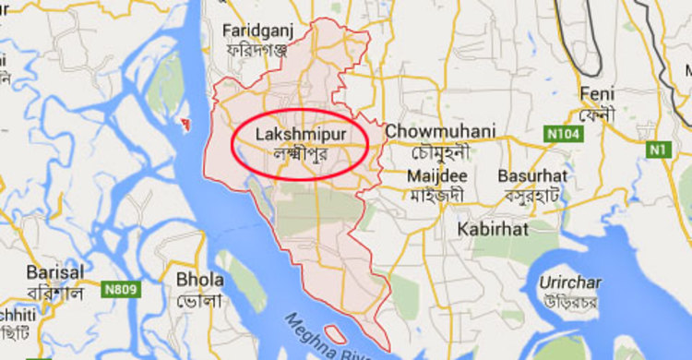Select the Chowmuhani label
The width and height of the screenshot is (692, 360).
click(x=440, y=131)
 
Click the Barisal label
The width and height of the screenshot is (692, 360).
click(x=55, y=273)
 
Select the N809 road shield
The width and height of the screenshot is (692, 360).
click(x=121, y=290)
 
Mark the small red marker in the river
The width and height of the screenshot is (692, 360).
click(x=186, y=122)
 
